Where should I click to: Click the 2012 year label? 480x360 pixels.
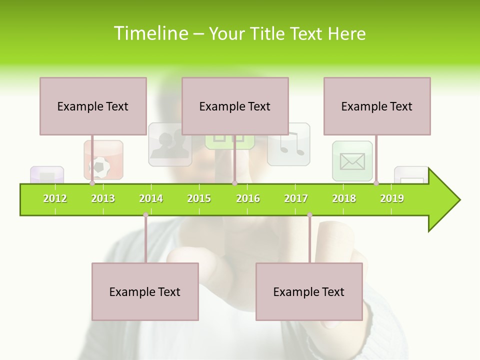point(55,198)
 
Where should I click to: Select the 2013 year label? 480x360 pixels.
point(103,198)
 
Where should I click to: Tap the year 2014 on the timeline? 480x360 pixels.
point(151,198)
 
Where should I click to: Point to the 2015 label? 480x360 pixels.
point(199,198)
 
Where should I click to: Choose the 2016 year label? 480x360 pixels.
point(248,198)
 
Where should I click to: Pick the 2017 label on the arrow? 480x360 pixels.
point(296,198)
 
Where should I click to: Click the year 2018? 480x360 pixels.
point(344,198)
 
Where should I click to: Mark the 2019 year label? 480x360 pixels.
point(392,198)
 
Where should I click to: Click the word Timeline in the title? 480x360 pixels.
point(150,33)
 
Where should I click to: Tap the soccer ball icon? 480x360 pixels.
point(102,165)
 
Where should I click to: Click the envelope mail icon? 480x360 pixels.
point(352,161)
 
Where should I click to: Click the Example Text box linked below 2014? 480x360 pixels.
point(145,291)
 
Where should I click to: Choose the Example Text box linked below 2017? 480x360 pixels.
point(309,291)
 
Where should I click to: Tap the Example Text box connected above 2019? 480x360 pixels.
point(377,106)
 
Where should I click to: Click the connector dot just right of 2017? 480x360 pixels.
point(309,215)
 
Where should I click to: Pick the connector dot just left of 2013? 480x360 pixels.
point(92,183)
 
